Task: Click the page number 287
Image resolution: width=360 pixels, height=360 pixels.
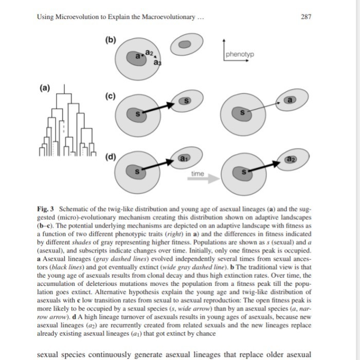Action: pos(305,17)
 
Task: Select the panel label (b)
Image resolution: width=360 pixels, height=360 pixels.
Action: pos(111,40)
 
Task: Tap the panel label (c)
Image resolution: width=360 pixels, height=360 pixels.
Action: pos(111,97)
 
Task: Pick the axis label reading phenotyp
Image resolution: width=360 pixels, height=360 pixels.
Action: pos(240,55)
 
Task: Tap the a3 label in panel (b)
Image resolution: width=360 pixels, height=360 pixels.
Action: pos(157,62)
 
